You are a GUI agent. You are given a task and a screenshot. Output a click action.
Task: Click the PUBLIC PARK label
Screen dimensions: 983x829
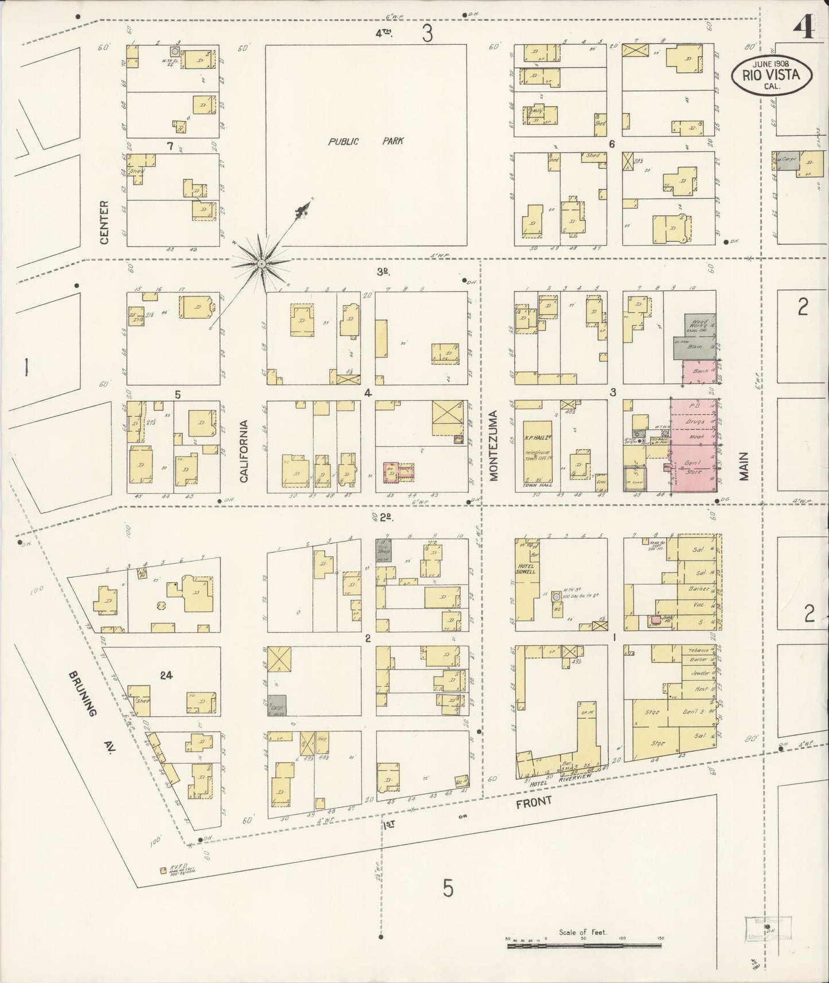click(x=365, y=141)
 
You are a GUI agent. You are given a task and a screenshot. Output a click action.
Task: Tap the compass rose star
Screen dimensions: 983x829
click(x=262, y=264)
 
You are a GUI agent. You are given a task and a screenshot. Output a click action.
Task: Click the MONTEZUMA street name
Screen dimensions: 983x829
click(x=494, y=444)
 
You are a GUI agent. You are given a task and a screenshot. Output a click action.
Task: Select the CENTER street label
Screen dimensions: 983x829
click(x=104, y=223)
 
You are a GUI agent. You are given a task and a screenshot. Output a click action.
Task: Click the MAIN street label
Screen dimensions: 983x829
click(x=745, y=466)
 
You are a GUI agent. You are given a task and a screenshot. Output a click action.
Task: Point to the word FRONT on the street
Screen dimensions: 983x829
click(x=533, y=802)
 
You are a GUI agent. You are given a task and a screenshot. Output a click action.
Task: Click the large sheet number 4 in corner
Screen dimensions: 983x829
click(x=804, y=27)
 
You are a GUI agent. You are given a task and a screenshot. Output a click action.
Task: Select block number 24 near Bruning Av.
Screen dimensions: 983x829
click(x=166, y=675)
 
